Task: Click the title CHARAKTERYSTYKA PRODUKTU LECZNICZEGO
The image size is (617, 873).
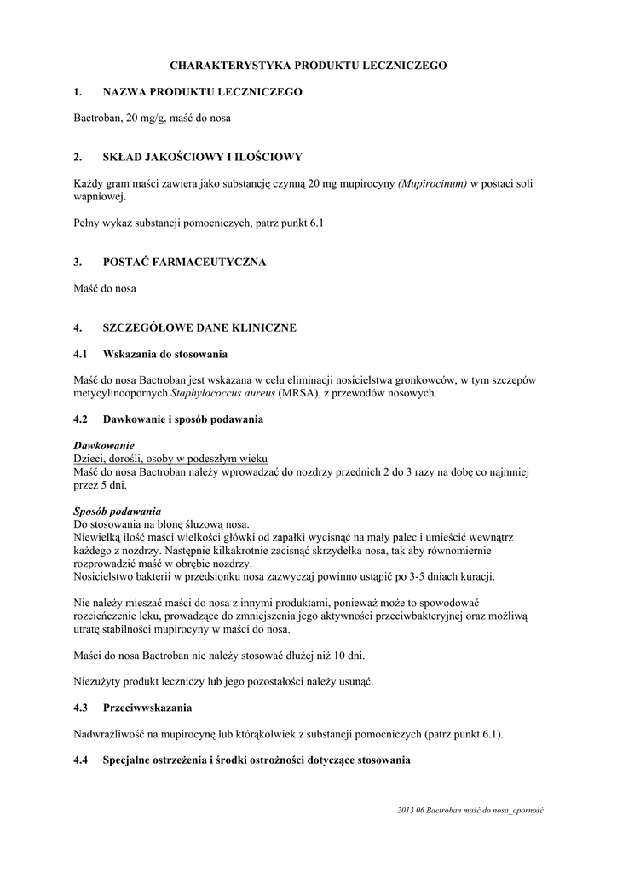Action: click(308, 65)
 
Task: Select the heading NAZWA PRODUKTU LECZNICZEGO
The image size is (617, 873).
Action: click(202, 91)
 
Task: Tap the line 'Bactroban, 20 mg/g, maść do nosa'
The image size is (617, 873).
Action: click(152, 118)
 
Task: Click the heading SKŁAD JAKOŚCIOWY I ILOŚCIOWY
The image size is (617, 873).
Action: click(202, 157)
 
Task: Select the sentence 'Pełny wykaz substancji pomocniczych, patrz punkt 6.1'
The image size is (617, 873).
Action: click(198, 223)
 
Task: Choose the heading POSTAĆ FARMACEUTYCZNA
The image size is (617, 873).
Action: click(184, 262)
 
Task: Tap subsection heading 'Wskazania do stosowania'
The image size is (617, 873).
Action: click(164, 354)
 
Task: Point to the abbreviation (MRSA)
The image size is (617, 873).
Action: click(291, 393)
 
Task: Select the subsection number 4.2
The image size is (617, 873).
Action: click(81, 419)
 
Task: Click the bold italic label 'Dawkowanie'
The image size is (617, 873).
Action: click(104, 446)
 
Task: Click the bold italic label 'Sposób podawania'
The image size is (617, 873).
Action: click(117, 511)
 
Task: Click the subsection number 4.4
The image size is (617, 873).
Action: click(81, 760)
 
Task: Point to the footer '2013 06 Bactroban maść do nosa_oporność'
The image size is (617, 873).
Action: click(470, 810)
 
